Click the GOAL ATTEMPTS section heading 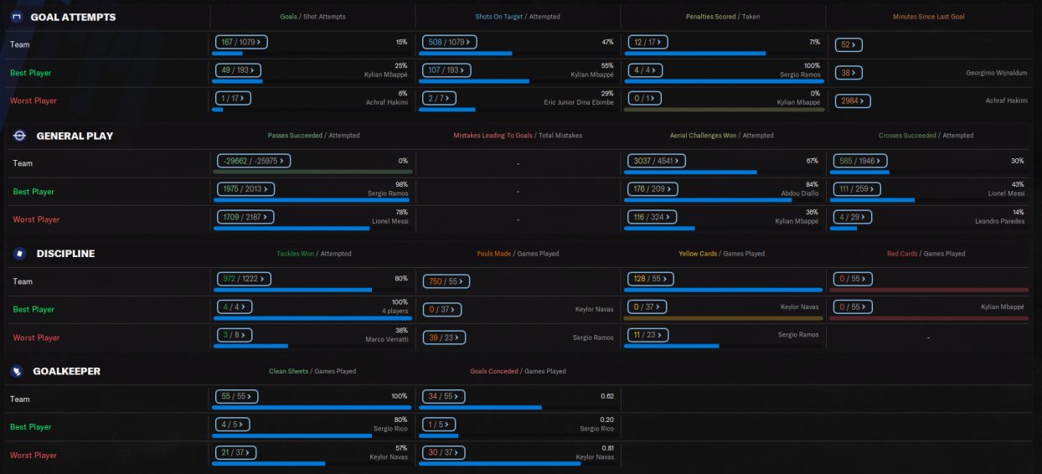[73, 18]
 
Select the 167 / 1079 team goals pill [241, 42]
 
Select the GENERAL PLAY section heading [75, 136]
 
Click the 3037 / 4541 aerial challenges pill [657, 161]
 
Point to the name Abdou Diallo [800, 193]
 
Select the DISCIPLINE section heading [65, 254]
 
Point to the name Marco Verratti [387, 339]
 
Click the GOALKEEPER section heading [66, 371]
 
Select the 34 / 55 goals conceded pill [443, 396]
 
